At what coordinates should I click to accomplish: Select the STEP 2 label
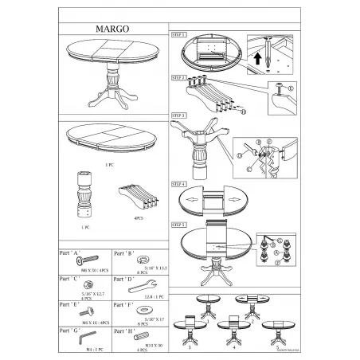coord(178,77)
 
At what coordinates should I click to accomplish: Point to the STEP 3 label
coord(178,115)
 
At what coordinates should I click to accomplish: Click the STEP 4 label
coord(178,182)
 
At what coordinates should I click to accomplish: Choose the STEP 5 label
coord(178,225)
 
